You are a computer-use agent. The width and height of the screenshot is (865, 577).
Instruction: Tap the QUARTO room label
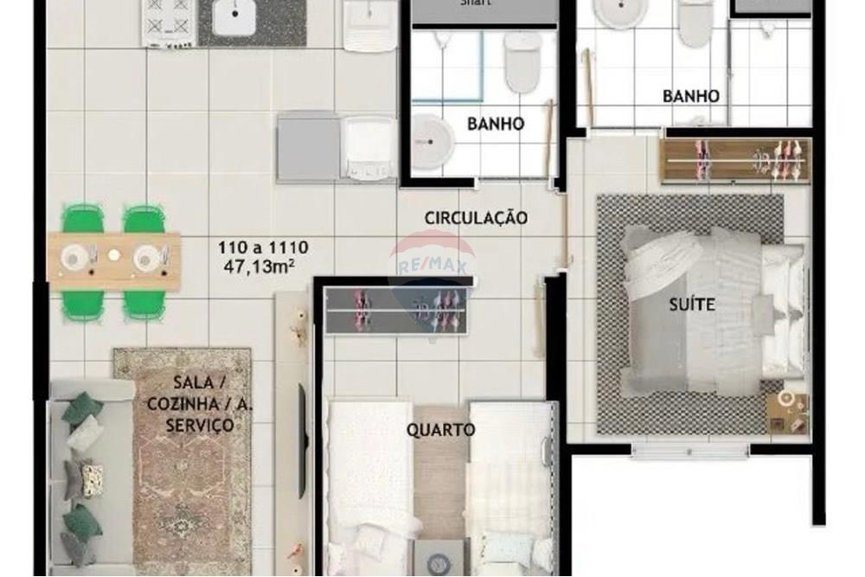click(x=441, y=429)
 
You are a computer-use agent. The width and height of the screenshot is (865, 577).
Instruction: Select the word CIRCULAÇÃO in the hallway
click(x=476, y=218)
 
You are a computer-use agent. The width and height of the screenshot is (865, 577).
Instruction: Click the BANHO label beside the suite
click(x=690, y=96)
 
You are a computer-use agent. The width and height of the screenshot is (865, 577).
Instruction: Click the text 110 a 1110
click(x=262, y=247)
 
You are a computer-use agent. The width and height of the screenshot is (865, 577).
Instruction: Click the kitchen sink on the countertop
click(x=234, y=19)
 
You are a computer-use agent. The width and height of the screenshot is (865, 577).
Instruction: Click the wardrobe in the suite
click(x=734, y=160)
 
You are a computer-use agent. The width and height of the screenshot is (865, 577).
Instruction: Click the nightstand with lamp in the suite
click(x=788, y=411)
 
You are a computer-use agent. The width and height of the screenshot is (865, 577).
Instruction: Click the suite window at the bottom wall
click(x=689, y=449)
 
